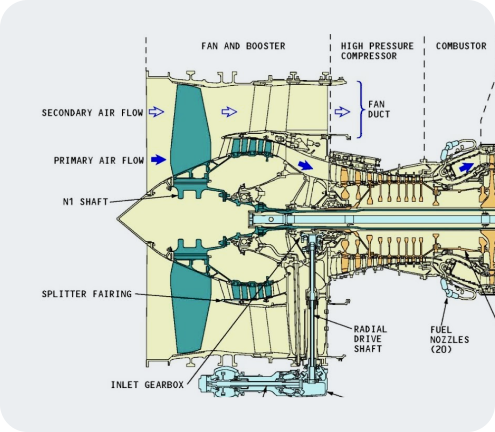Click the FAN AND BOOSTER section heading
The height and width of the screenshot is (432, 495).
(243, 46)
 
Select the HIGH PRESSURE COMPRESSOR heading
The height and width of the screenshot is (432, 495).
(377, 51)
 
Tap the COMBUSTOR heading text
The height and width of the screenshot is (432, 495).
(461, 46)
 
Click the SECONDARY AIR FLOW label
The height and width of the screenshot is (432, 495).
(92, 113)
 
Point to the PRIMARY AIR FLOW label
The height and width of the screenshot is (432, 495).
(99, 161)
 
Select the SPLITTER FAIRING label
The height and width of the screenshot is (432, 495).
(87, 294)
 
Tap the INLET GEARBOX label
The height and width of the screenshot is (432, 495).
(147, 384)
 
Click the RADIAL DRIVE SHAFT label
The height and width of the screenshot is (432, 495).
(370, 339)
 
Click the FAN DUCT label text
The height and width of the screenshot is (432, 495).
(379, 109)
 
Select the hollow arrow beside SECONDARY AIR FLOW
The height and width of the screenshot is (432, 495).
(156, 112)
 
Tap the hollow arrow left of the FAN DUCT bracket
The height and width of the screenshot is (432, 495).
(342, 112)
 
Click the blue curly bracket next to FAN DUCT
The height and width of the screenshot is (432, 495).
(361, 109)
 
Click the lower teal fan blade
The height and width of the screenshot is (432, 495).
(190, 307)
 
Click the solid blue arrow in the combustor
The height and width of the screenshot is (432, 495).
(466, 167)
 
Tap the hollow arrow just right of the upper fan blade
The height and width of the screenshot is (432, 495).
(229, 112)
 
